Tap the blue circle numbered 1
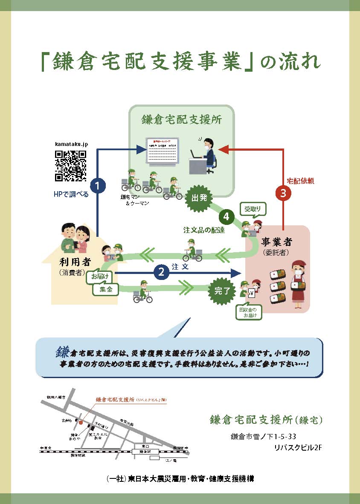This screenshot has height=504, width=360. tap(98, 186)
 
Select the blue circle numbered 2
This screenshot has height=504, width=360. tap(161, 272)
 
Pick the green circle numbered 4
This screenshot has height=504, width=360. tap(226, 217)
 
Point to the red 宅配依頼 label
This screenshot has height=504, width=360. tap(300, 181)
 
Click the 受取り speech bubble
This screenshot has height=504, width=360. tap(255, 209)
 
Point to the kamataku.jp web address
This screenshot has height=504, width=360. tap(71, 145)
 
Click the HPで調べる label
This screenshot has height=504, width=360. tap(71, 195)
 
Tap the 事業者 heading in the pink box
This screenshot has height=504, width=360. tap(277, 242)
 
